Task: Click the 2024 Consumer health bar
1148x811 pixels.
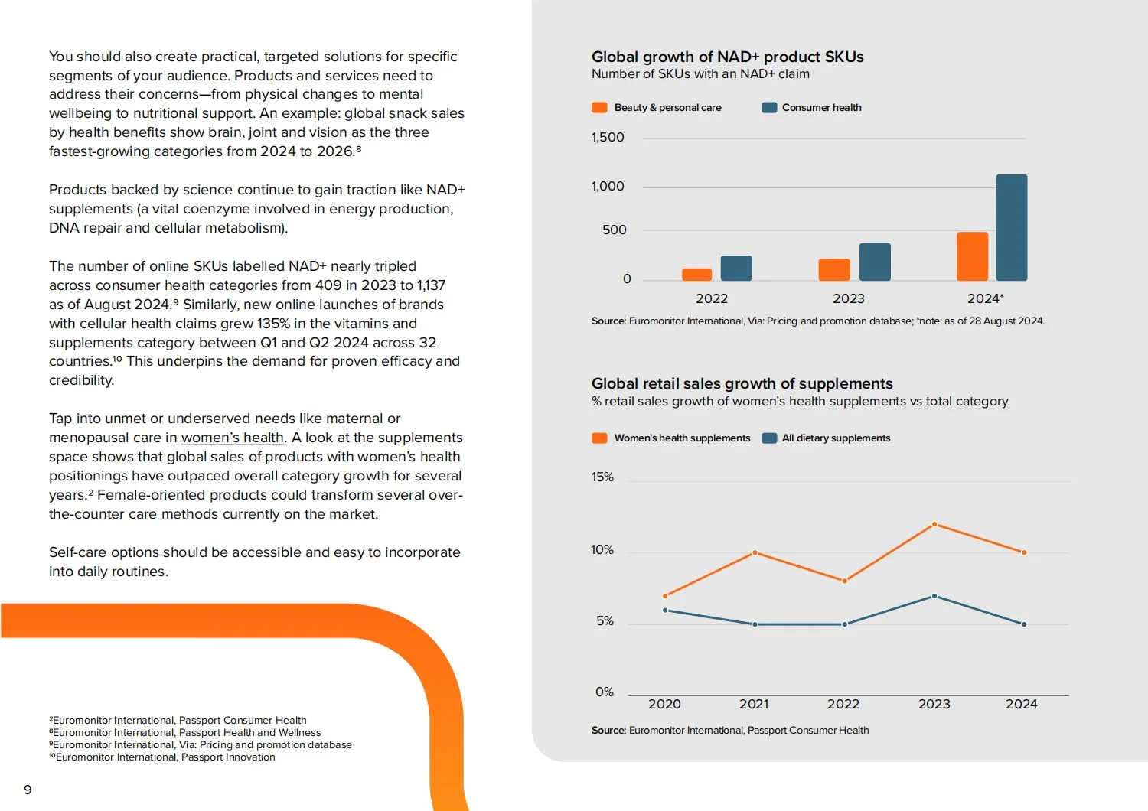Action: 1011,227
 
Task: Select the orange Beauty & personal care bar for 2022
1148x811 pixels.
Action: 696,275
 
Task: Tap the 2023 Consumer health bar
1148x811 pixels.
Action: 875,262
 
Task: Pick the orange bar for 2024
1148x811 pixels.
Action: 972,256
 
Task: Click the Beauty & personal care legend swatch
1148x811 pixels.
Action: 599,108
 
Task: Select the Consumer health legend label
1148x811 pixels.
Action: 821,108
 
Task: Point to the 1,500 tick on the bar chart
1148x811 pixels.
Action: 608,137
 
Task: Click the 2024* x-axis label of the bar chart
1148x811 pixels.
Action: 985,298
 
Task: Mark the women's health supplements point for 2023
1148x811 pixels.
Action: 934,524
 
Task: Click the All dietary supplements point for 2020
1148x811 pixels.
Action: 665,611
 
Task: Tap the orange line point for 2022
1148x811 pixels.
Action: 845,581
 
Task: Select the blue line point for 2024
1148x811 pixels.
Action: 1024,624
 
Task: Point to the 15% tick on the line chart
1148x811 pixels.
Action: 602,477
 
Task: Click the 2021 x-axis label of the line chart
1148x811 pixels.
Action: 753,704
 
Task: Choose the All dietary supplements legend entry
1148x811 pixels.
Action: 826,438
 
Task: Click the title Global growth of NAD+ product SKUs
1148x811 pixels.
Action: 727,57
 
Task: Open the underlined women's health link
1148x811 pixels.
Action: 232,438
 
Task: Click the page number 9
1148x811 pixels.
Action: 28,790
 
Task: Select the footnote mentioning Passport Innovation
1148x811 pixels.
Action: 162,757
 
